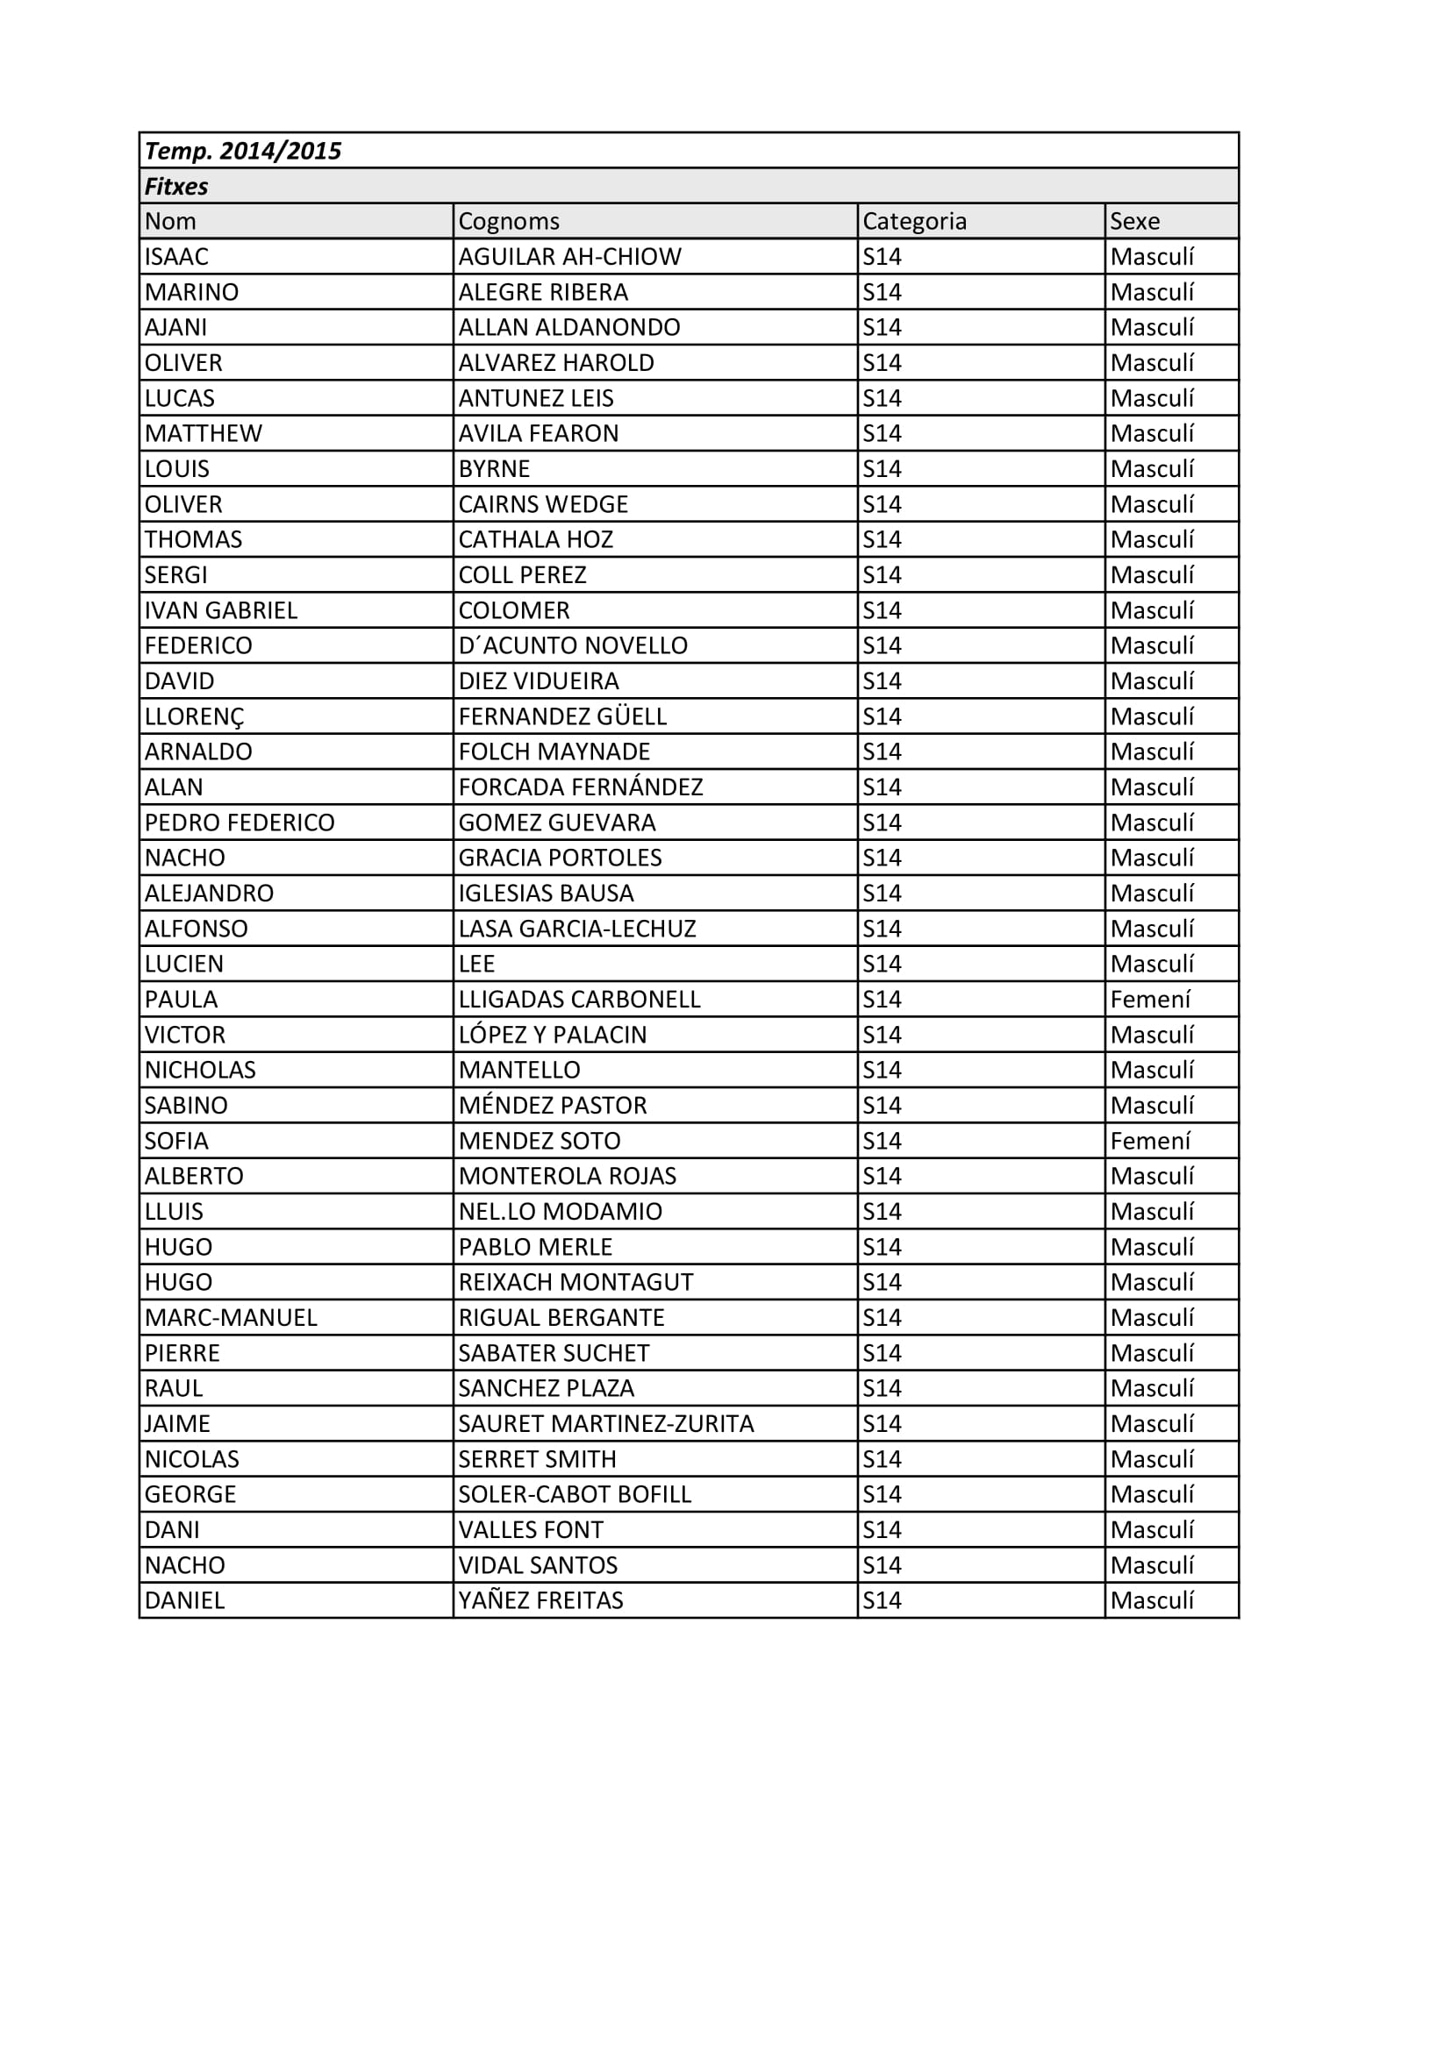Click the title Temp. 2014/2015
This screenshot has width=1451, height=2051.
point(243,151)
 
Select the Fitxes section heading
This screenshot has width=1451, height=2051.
point(176,187)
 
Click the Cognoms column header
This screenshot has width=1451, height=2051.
point(509,222)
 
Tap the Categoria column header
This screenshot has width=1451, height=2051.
point(914,222)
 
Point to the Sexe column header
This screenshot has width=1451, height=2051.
point(1134,222)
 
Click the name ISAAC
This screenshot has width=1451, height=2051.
point(176,257)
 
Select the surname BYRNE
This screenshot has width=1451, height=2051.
point(494,469)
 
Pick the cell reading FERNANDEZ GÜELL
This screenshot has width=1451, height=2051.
point(562,716)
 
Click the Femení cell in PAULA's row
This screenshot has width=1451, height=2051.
point(1150,1000)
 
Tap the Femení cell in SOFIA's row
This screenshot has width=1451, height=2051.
point(1150,1141)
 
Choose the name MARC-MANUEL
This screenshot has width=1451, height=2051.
point(231,1318)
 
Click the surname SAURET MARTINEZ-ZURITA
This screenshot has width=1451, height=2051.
point(606,1424)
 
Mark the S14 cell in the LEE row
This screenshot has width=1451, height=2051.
point(882,964)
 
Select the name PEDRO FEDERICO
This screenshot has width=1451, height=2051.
point(239,823)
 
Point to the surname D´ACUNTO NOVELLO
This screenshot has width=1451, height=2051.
point(573,646)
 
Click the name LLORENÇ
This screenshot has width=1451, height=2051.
point(194,716)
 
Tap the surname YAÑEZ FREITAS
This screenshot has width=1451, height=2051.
point(540,1601)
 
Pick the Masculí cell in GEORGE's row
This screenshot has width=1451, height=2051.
point(1152,1494)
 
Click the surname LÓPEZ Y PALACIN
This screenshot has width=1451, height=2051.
point(552,1035)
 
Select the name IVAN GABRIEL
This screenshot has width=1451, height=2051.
point(221,610)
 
